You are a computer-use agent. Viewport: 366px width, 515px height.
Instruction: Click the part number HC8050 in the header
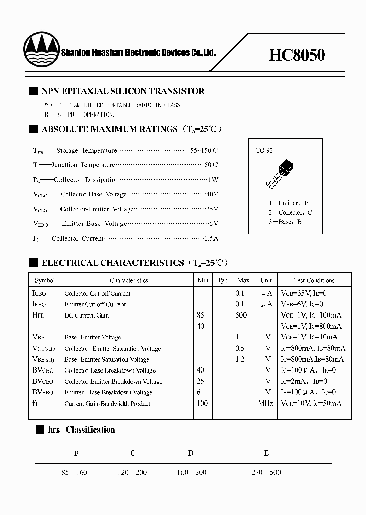[297, 54]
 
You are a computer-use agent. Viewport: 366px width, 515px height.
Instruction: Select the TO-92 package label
[264, 151]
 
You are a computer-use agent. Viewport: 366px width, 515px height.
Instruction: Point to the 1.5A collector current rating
[211, 238]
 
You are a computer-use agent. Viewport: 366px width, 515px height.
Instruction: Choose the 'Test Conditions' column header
[314, 280]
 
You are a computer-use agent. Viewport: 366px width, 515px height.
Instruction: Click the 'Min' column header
[202, 280]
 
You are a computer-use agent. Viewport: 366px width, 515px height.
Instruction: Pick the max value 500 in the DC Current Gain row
[241, 315]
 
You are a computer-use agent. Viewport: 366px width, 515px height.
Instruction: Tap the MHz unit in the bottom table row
[265, 404]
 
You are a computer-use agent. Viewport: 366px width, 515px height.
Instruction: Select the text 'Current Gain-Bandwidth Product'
[107, 404]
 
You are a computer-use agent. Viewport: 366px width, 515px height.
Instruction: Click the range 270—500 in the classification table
[266, 472]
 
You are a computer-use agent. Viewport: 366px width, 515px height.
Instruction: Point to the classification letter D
[190, 453]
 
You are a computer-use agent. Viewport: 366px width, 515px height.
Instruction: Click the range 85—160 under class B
[74, 472]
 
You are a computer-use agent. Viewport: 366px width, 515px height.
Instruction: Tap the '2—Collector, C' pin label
[290, 212]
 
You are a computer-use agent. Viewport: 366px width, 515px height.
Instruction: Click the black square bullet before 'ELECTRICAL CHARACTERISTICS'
[33, 263]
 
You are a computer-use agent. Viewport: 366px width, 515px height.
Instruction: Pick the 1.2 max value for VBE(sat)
[240, 359]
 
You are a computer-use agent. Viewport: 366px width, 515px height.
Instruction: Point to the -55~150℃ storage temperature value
[202, 151]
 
